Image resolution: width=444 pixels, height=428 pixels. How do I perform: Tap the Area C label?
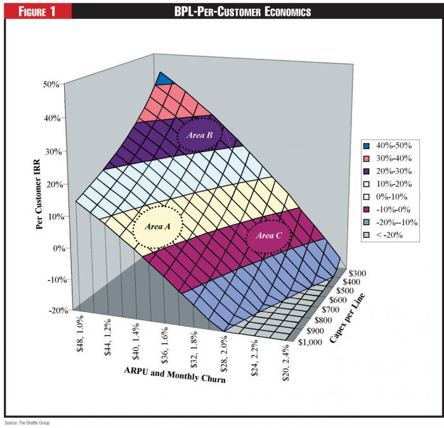(268, 235)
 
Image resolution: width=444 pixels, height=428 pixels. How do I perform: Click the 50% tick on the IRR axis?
(51, 84)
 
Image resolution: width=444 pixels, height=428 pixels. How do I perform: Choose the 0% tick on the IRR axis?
(54, 248)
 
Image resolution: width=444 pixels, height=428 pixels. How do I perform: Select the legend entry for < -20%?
(388, 235)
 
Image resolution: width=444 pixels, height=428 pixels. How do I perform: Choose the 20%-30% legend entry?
(388, 171)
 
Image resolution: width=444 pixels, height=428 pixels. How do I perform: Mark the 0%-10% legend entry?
(388, 197)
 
